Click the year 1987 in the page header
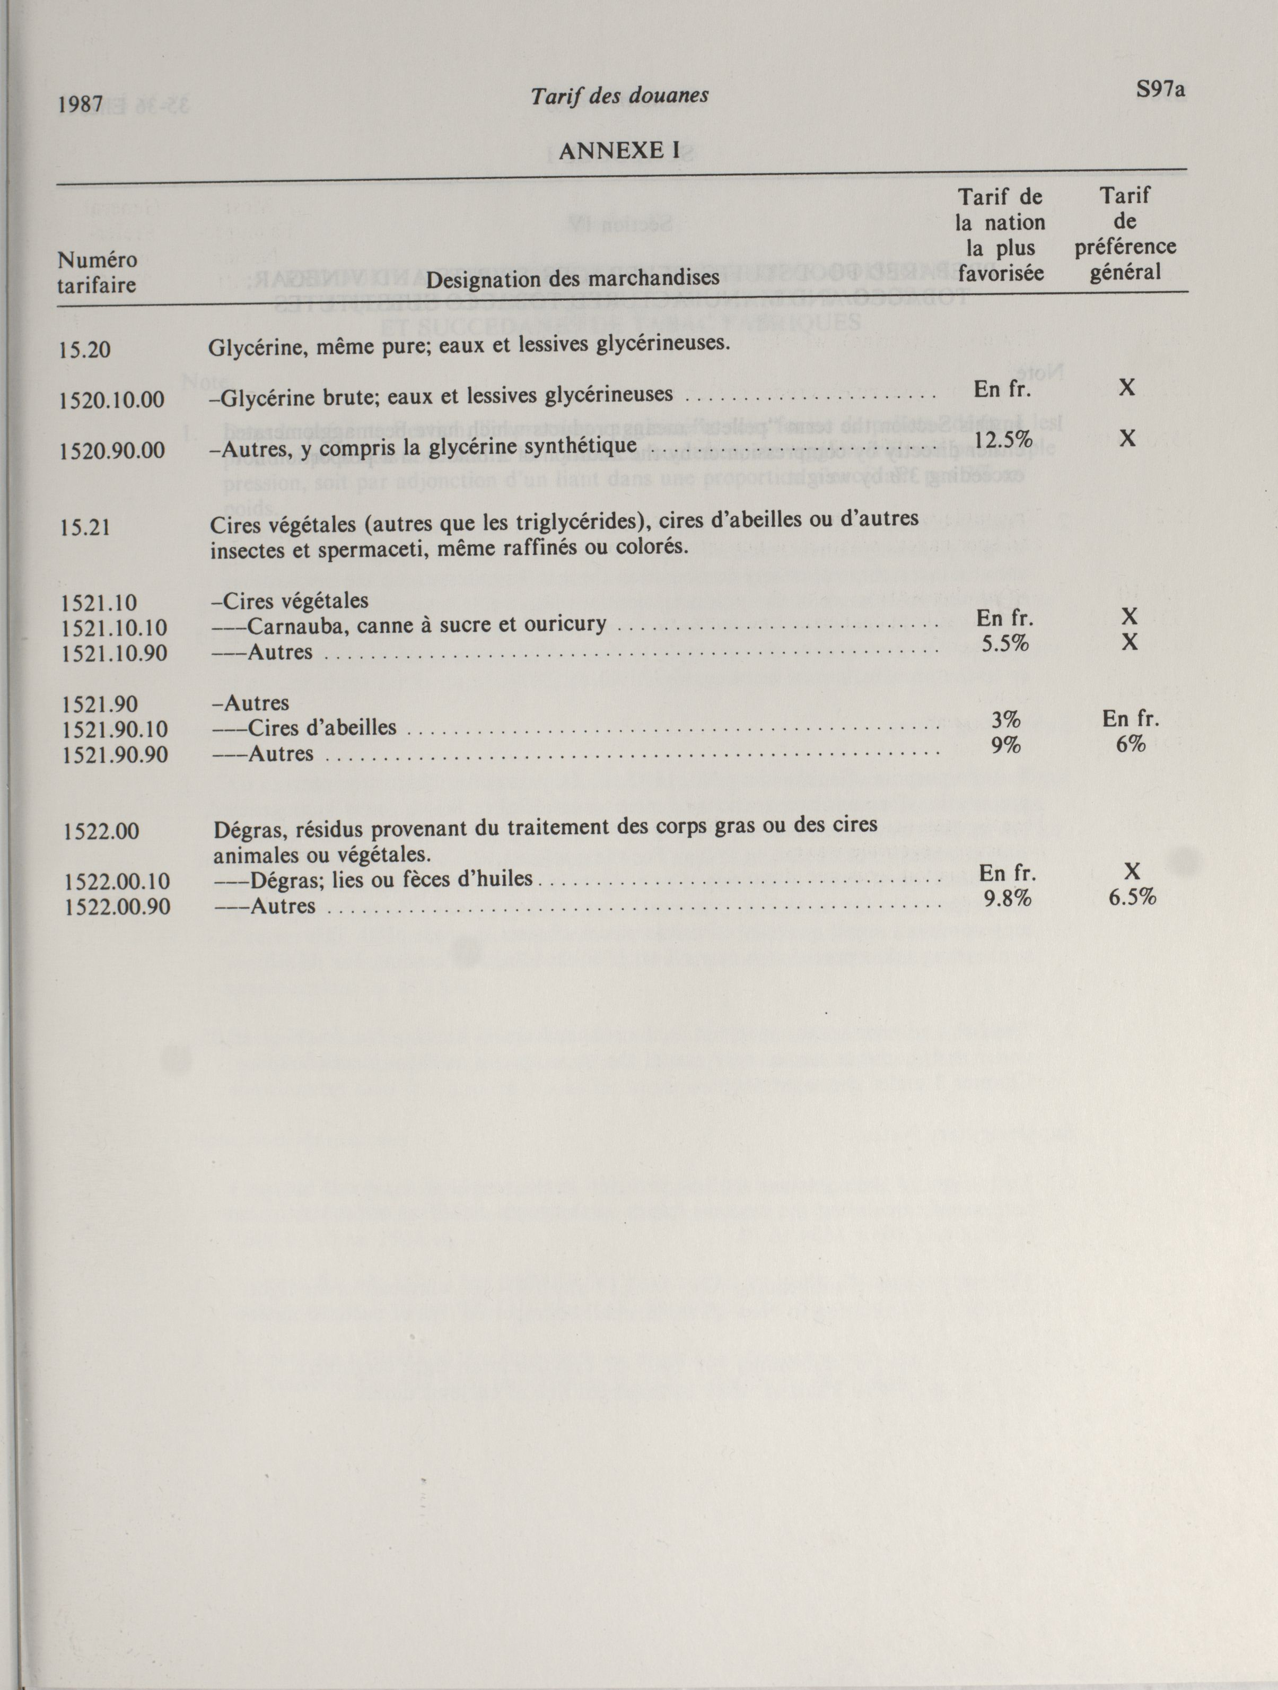(x=80, y=104)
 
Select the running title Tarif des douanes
(x=619, y=95)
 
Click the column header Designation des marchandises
(x=572, y=278)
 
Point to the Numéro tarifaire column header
(x=97, y=273)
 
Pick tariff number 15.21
(x=85, y=528)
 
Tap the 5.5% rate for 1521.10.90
(x=1004, y=644)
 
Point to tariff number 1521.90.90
(x=115, y=755)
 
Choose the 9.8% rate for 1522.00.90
(x=1007, y=899)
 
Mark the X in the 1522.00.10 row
(x=1131, y=871)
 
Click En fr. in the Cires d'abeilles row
(x=1131, y=718)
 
